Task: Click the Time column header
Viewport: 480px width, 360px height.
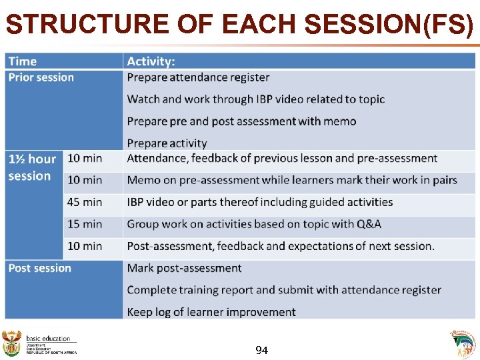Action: [x=23, y=61]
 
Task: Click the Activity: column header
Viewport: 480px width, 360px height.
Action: [x=151, y=61]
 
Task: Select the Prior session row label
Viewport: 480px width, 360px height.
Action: [x=41, y=77]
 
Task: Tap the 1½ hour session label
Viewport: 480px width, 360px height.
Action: [x=32, y=167]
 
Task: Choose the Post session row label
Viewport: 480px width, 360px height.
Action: [x=40, y=268]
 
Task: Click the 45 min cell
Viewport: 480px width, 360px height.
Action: [x=85, y=202]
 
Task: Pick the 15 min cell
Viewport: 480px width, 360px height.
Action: [x=85, y=224]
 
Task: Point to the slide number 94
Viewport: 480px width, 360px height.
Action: [x=262, y=349]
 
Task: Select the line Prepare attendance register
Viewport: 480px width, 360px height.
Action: [x=198, y=77]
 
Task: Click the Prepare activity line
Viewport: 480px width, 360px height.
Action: [x=167, y=143]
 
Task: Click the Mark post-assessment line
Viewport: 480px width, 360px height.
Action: [x=184, y=268]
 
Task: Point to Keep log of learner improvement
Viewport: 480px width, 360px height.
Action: [x=211, y=312]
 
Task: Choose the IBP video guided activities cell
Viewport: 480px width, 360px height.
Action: [x=260, y=202]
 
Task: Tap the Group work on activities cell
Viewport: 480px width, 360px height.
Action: [x=263, y=224]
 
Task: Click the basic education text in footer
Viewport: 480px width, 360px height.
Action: [x=48, y=339]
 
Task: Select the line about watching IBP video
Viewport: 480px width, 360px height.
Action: [x=256, y=99]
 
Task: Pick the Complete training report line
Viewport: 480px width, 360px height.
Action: [x=284, y=290]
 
